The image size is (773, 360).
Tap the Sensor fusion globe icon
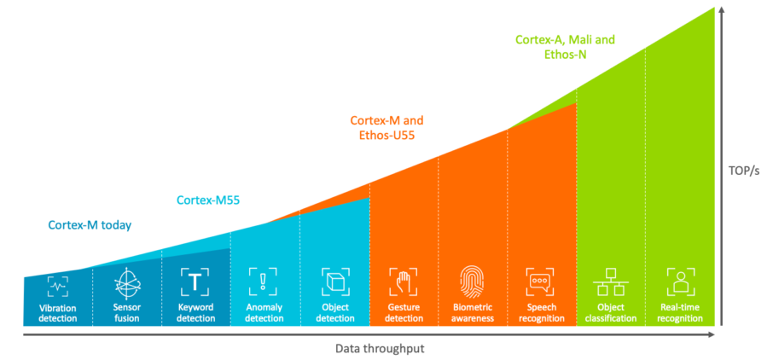tap(127, 282)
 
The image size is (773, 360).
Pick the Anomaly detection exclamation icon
tap(264, 282)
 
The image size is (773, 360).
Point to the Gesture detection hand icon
tap(404, 282)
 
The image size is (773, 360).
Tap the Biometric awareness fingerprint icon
tap(472, 282)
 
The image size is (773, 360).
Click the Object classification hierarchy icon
tap(610, 282)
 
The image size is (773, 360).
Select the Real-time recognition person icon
tap(680, 282)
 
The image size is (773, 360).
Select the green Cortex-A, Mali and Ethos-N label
tap(565, 46)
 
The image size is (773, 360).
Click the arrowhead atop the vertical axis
tap(723, 11)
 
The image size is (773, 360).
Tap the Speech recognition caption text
tap(541, 313)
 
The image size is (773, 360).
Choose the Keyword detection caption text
tap(195, 313)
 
